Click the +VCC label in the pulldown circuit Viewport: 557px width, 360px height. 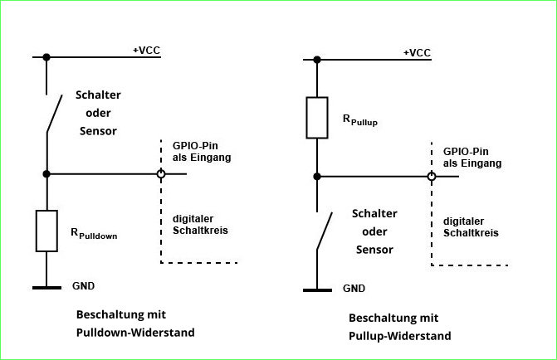click(146, 51)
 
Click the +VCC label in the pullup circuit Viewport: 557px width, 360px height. click(417, 53)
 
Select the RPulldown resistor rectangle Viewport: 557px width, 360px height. click(46, 231)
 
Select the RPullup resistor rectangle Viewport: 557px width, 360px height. click(317, 118)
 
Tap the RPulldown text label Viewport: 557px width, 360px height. click(94, 236)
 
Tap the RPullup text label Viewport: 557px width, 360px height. click(360, 121)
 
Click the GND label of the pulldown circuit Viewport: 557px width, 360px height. click(84, 286)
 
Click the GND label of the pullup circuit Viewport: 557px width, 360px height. click(354, 289)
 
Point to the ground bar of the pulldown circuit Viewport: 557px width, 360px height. click(46, 288)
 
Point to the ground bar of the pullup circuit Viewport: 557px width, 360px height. click(317, 290)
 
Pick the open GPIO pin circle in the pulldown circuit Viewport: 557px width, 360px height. click(160, 174)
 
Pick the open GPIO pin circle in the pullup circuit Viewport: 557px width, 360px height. click(431, 176)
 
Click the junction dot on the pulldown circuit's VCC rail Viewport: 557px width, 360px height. click(47, 56)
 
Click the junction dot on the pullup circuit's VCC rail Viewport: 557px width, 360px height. click(317, 59)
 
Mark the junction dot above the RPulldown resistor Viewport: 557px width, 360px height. click(47, 174)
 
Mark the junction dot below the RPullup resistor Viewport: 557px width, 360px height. click(317, 176)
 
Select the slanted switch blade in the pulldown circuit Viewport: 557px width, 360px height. click(54, 113)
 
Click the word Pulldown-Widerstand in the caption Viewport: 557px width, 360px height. click(134, 333)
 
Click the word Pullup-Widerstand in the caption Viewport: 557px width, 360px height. click(400, 336)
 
